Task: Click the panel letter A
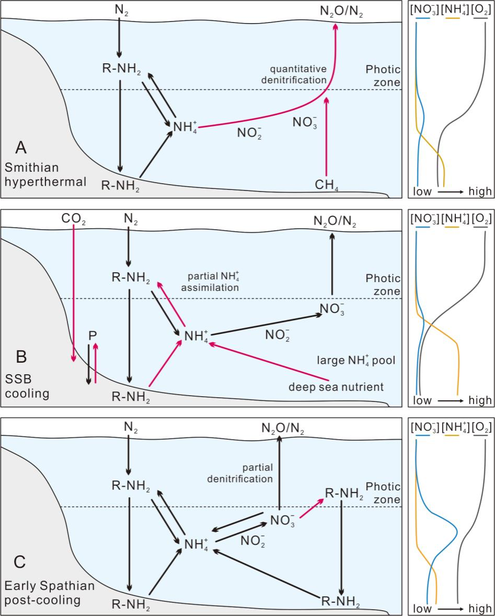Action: pos(21,148)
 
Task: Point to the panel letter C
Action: pos(19,563)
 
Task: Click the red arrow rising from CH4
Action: pos(327,136)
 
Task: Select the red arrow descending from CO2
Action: pos(73,293)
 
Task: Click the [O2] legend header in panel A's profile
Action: pos(481,10)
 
